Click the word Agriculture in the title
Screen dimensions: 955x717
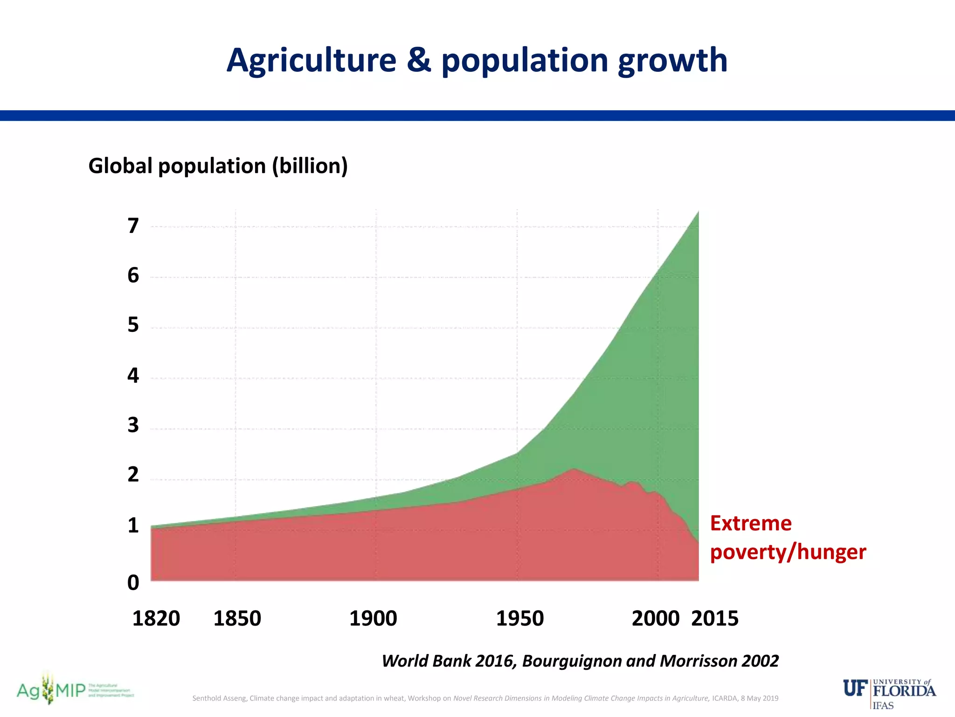coord(311,61)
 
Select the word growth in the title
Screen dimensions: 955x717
coord(672,61)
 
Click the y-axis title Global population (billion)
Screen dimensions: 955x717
coord(218,166)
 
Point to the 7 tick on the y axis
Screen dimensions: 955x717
coord(133,226)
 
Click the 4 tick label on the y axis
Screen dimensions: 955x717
coord(133,375)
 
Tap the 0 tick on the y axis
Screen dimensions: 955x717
coord(133,583)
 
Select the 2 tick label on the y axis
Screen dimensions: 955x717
coord(133,475)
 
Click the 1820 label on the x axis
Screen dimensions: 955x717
coord(156,619)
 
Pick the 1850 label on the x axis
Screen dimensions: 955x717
coord(237,619)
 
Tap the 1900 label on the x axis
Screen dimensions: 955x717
coord(373,619)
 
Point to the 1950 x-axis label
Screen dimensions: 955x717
coord(520,619)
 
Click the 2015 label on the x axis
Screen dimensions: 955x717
coord(715,619)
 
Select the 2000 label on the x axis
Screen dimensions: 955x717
coord(656,619)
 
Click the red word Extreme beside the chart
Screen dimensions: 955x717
coord(751,523)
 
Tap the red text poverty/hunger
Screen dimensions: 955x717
coord(788,552)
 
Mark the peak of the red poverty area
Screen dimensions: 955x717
coord(574,469)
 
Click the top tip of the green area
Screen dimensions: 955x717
coord(698,212)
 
